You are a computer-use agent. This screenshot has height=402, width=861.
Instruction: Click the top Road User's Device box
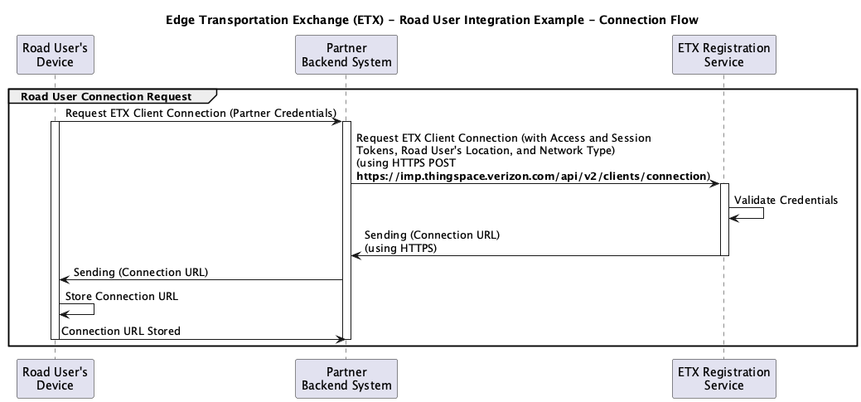(x=55, y=55)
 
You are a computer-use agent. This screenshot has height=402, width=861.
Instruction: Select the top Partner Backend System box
(x=346, y=55)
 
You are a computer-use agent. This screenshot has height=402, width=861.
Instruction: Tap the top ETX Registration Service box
(x=723, y=55)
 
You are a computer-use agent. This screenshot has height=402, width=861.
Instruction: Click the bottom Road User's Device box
(x=55, y=379)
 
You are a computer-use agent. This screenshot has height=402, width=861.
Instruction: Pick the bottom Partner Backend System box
(x=346, y=379)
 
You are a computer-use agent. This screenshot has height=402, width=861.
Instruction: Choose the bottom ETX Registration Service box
(x=723, y=379)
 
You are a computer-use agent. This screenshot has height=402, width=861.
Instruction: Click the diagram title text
(x=432, y=21)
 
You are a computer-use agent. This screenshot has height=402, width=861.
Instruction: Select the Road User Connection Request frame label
(x=107, y=97)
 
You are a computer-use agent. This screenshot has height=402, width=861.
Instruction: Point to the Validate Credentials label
(x=786, y=200)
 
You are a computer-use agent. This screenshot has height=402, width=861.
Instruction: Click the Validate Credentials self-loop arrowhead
(x=733, y=218)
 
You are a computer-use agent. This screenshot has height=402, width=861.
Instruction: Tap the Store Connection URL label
(x=122, y=297)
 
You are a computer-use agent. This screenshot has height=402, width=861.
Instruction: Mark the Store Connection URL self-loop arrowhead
(x=63, y=314)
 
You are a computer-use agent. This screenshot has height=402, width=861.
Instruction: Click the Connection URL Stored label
(x=121, y=332)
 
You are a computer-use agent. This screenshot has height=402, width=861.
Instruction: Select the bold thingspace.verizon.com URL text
(x=533, y=177)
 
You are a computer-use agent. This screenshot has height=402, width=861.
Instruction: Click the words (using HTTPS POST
(x=406, y=163)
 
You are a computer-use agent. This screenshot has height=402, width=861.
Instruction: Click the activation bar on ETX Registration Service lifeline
(x=724, y=220)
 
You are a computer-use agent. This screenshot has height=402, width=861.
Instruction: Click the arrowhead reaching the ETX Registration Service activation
(x=716, y=183)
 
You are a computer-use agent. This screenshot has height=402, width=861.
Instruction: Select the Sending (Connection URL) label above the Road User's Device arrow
(x=141, y=273)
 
